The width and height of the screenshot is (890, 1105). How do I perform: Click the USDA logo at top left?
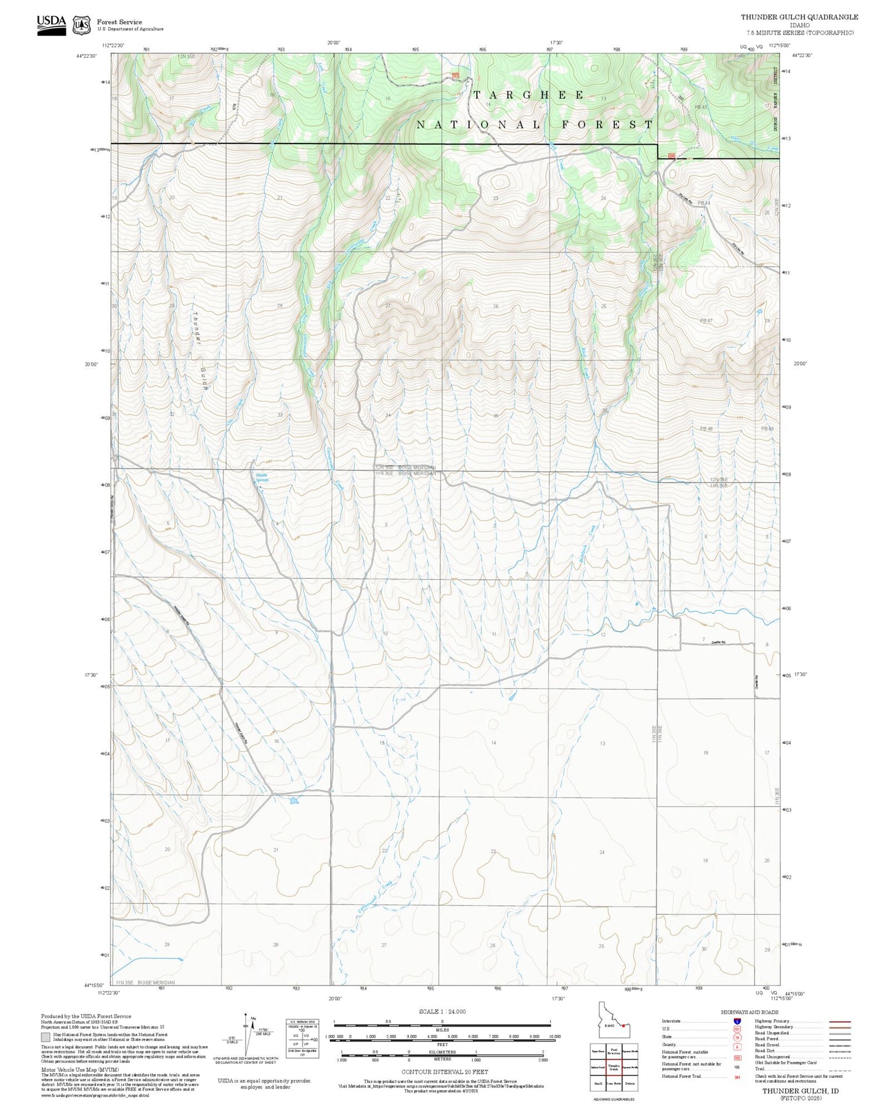(x=51, y=25)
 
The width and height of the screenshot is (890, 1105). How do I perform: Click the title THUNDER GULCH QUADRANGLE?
(x=799, y=17)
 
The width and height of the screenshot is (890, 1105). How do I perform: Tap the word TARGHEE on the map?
(x=529, y=95)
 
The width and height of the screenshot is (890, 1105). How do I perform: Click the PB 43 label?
(x=701, y=107)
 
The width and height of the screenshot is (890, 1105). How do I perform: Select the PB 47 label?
(x=706, y=321)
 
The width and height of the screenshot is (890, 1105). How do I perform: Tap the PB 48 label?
(x=706, y=429)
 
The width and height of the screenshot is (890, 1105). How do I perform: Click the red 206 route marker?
(x=671, y=156)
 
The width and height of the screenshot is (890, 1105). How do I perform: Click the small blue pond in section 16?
(x=294, y=801)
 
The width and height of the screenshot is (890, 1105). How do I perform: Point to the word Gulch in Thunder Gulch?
(x=204, y=378)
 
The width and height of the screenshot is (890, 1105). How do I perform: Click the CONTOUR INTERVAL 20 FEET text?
(x=445, y=1072)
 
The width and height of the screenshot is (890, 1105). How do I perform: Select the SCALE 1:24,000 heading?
(x=442, y=1011)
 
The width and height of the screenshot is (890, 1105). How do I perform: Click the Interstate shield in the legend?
(x=737, y=1021)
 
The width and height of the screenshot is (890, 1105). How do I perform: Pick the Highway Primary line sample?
(x=840, y=1021)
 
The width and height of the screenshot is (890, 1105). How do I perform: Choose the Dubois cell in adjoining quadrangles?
(x=629, y=1083)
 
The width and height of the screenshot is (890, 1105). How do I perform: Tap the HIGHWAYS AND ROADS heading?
(x=750, y=1012)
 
